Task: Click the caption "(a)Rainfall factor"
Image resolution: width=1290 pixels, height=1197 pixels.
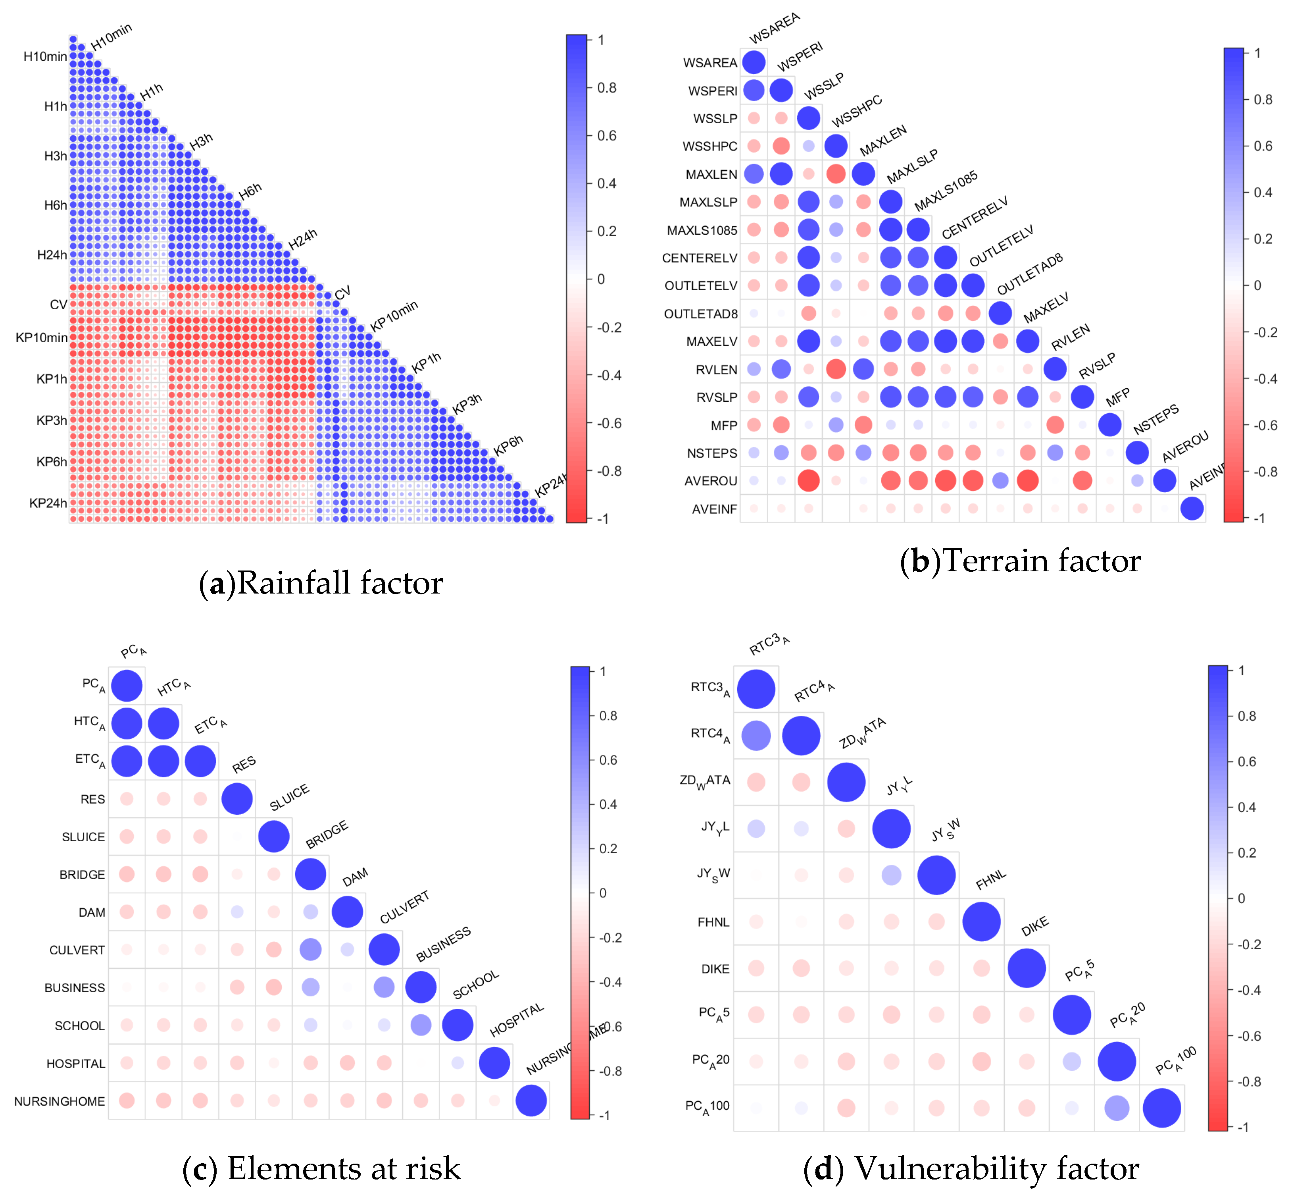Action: coord(321,582)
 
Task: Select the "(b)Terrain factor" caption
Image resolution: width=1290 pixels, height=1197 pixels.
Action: coord(1020,560)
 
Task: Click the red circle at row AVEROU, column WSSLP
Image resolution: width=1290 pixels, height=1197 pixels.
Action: coord(808,481)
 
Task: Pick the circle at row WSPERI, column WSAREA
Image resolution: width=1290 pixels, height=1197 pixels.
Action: coord(754,90)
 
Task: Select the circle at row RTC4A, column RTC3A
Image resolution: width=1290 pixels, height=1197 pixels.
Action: coord(756,735)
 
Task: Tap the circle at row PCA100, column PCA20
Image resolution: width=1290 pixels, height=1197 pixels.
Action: coord(1117,1108)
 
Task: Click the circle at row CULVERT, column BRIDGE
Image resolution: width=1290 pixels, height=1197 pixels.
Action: coord(311,950)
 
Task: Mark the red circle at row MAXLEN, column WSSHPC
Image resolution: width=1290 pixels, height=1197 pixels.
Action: coord(836,173)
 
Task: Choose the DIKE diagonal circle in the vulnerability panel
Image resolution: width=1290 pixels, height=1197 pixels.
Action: coord(1027,968)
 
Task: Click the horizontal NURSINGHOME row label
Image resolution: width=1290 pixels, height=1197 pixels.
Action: coord(60,1101)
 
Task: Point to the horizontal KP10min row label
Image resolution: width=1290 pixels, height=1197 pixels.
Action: coord(41,337)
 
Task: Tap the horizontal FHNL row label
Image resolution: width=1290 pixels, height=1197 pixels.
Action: coord(713,922)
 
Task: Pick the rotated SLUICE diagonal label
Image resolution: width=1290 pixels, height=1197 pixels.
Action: coord(289,798)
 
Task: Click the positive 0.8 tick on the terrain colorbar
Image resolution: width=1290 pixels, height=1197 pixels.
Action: coord(1263,100)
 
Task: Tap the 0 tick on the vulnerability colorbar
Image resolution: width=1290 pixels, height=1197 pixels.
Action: coord(1241,898)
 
